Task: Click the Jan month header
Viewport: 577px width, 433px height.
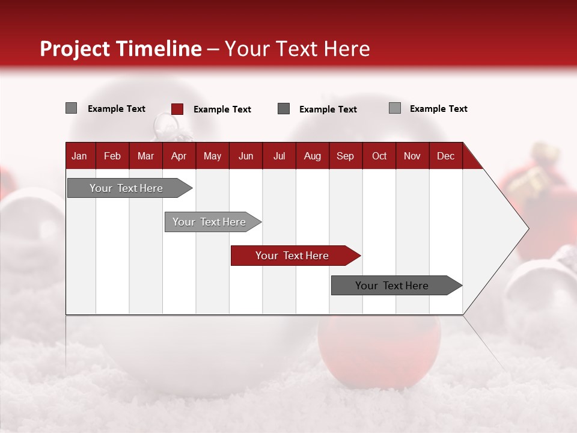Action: coord(79,156)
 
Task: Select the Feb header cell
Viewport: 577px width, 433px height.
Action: coord(112,156)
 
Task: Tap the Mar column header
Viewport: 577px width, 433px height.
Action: coord(145,156)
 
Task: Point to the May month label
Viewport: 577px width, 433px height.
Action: coord(212,156)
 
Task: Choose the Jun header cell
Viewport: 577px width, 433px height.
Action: coord(246,156)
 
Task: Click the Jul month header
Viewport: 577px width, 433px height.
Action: coord(279,156)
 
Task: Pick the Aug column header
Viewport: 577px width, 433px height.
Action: coord(313,156)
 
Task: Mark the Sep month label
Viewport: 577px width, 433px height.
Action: coord(346,156)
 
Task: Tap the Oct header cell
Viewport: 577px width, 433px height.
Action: coord(379,156)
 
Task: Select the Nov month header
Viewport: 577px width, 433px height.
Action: coord(412,156)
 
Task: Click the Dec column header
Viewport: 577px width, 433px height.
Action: coord(446,156)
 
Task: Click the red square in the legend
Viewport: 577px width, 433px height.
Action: coord(177,109)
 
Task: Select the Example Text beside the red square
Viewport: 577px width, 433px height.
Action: coord(222,109)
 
